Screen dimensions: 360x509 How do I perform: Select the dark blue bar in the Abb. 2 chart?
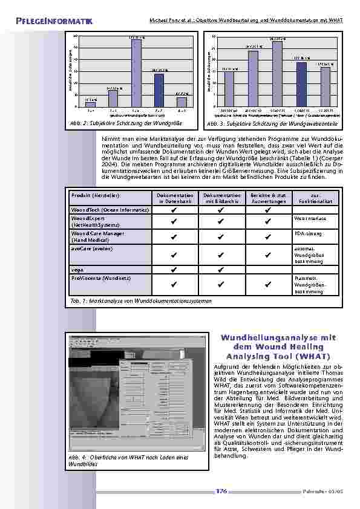click(159, 90)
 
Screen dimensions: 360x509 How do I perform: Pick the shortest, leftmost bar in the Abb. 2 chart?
click(91, 104)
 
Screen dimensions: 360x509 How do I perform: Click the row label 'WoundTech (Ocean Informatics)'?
click(110, 209)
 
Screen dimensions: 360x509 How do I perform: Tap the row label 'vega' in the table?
click(77, 269)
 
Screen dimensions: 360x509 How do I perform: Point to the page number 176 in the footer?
click(221, 491)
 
